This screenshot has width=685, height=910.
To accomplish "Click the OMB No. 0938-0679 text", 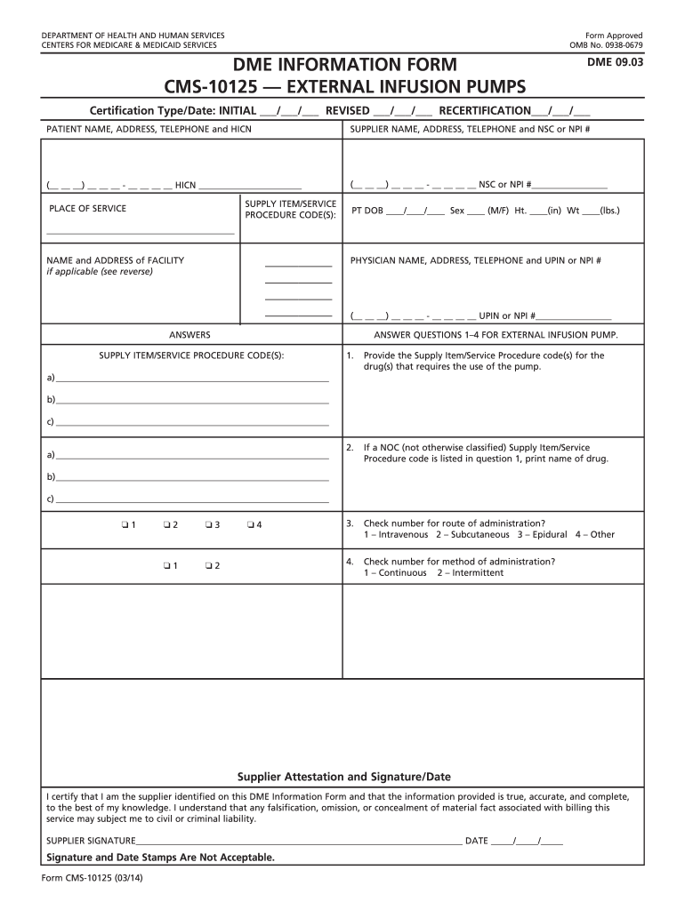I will coord(606,45).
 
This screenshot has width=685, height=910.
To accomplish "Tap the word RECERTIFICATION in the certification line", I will coord(485,111).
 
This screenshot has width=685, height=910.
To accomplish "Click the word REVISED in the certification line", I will coord(348,111).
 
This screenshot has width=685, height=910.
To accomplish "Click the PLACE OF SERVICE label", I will coord(87,209).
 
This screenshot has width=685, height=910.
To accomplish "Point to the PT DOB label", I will coord(367,212).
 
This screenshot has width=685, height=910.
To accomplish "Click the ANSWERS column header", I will coord(189,335).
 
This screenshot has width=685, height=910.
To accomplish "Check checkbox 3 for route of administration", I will coord(207,524).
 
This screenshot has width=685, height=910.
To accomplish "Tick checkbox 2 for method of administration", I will coord(207,566).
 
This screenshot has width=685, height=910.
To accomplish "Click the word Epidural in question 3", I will coord(545,535).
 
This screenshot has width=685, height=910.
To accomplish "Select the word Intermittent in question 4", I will coord(477,573).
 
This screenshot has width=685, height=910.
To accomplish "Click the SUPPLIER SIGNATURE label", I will coord(91,841).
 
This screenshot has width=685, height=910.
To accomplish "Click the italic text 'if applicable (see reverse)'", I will coord(100,272).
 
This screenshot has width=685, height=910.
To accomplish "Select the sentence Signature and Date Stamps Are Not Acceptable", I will coord(160,858).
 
